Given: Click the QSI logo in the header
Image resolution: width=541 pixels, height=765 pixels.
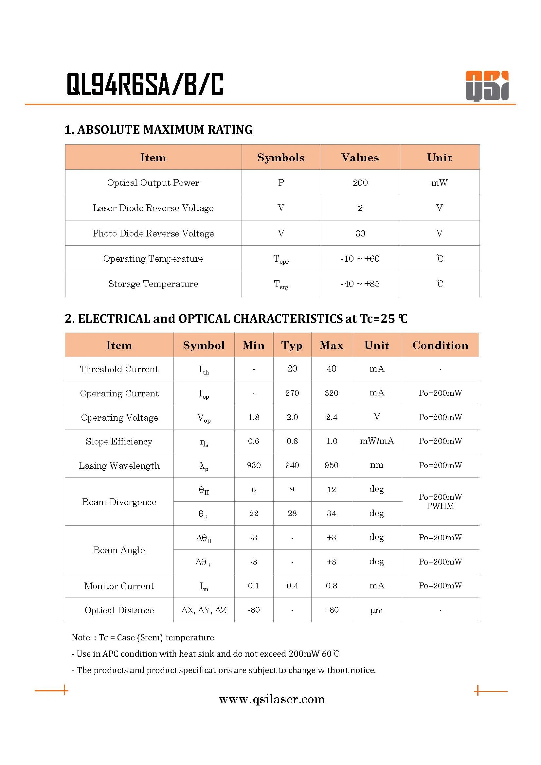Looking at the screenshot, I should point(487,86).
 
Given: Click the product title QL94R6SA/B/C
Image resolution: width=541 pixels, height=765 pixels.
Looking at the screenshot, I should point(145,85).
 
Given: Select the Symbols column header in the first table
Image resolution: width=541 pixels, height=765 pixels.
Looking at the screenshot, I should point(281,158).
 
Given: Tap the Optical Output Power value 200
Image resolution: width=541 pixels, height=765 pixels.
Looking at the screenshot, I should point(360,183).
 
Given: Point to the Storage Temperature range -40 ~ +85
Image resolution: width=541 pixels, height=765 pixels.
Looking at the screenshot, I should point(360,284).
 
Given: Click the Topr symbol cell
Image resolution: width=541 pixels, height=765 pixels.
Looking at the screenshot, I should point(281,259).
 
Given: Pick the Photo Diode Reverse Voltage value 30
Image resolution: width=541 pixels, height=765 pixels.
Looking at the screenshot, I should point(360,234).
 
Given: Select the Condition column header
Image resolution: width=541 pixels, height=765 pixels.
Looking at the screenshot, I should point(440,345).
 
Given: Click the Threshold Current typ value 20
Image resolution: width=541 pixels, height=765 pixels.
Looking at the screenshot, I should point(292,369).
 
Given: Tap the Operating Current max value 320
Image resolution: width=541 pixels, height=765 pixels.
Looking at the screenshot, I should point(331,393).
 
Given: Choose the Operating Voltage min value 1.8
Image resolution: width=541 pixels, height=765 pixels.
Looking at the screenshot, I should point(254,417).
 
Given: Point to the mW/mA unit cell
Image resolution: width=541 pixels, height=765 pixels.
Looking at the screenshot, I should point(377,441).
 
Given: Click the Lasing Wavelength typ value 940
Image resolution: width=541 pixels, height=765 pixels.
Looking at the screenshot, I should point(292,465).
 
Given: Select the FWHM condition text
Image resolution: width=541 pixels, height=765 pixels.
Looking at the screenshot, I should point(440,506).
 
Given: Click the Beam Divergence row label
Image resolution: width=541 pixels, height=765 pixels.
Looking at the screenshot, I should point(119,502).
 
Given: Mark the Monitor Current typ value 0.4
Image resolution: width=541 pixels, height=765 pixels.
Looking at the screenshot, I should point(292,586).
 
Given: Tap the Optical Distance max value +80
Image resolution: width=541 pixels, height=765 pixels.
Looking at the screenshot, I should point(331,610).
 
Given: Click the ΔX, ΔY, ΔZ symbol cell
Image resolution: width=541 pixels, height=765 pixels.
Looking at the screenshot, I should point(204,610).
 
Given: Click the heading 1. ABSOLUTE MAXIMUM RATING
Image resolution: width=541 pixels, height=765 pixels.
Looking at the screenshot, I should point(158,130).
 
